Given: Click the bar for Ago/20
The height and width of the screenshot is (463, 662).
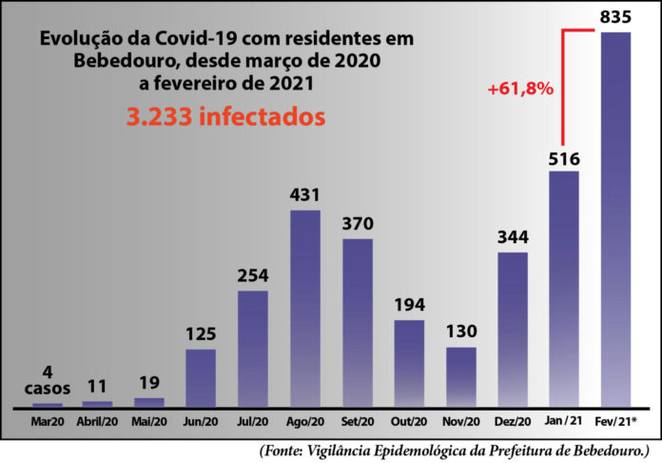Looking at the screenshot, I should click(305, 308).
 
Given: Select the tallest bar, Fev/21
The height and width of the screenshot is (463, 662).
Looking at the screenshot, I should click(616, 219).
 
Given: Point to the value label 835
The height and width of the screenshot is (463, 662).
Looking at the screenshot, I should click(616, 17).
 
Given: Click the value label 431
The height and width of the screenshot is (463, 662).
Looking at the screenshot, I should click(305, 194).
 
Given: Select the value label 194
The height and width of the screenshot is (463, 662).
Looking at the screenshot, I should click(409, 305).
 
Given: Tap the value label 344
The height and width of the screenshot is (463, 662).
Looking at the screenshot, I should click(513, 237).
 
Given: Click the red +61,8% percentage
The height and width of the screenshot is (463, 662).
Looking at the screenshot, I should click(520, 89).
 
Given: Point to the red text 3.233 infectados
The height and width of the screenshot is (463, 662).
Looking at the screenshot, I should click(226, 116).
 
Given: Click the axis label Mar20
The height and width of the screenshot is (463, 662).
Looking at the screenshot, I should click(47, 419).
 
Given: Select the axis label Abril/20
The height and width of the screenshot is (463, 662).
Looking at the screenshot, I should click(97, 419).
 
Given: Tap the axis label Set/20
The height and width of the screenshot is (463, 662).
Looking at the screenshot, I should click(358, 419).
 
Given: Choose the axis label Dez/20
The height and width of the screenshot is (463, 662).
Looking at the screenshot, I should click(513, 419).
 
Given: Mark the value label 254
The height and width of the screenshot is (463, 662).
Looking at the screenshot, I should click(253, 276).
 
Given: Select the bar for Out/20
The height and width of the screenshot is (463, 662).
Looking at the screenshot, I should click(409, 362).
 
